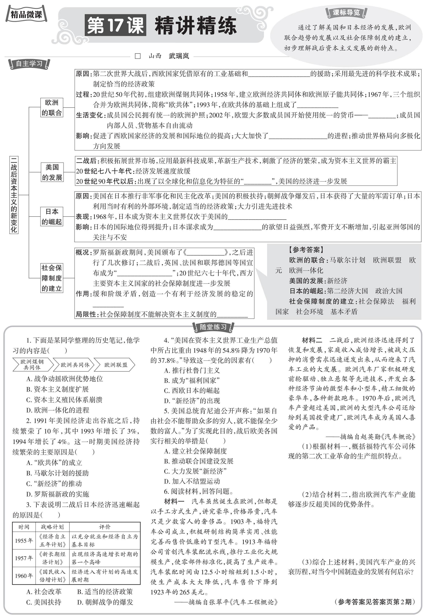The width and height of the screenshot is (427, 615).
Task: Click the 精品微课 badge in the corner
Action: click(x=26, y=14)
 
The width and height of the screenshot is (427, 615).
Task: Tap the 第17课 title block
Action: click(x=115, y=25)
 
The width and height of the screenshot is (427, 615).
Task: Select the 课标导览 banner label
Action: click(x=346, y=12)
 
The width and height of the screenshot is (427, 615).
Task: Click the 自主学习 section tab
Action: click(x=29, y=64)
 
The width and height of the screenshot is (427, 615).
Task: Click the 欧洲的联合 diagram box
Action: click(x=52, y=108)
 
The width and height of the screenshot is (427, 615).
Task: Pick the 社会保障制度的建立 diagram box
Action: click(x=52, y=278)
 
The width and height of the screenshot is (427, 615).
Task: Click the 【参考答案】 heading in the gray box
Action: click(x=306, y=250)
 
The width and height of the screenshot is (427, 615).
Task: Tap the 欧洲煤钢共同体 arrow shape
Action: click(x=32, y=364)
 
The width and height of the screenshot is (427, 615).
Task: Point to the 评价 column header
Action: click(x=105, y=527)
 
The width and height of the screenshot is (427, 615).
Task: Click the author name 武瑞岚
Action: click(x=179, y=56)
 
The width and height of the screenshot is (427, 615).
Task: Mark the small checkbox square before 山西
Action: click(x=138, y=56)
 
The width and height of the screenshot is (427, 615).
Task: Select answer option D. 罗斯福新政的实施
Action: click(x=57, y=494)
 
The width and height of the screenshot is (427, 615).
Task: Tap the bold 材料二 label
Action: click(x=312, y=340)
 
